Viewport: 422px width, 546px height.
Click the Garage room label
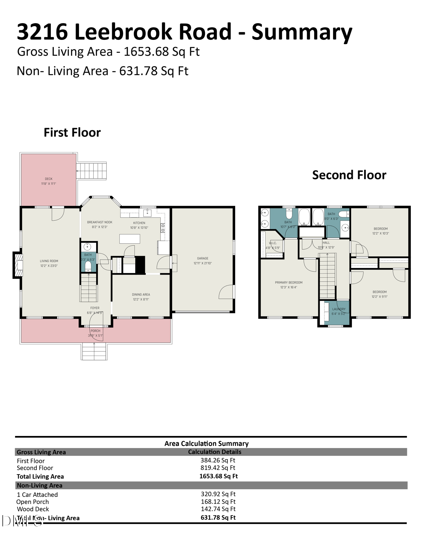point(202,258)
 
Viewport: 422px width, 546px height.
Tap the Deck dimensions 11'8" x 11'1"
point(49,184)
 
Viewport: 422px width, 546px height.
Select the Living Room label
point(49,261)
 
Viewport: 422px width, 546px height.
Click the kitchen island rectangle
point(130,239)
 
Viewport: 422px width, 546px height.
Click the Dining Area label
point(141,295)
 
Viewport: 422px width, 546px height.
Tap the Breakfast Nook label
point(100,222)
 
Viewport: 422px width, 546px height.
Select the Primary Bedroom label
point(289,283)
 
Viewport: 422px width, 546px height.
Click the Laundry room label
point(339,309)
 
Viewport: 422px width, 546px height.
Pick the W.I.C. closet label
point(273,243)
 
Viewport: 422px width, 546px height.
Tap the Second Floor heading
point(349,175)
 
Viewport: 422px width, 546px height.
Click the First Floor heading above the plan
point(72,132)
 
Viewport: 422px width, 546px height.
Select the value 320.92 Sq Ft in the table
point(218,494)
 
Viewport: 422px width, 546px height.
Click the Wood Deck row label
point(33,509)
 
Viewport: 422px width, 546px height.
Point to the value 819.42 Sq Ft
point(218,468)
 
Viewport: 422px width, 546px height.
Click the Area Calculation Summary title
point(206,444)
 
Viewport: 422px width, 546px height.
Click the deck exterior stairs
point(92,171)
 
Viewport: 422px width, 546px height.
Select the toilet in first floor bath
point(88,266)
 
